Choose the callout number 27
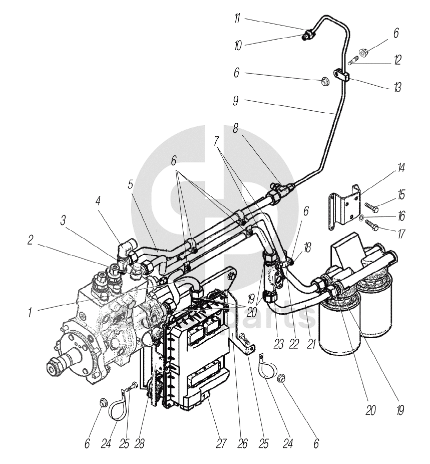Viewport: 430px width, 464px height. [x=222, y=443]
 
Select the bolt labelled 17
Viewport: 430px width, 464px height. [x=371, y=224]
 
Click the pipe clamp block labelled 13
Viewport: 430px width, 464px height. [x=342, y=77]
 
